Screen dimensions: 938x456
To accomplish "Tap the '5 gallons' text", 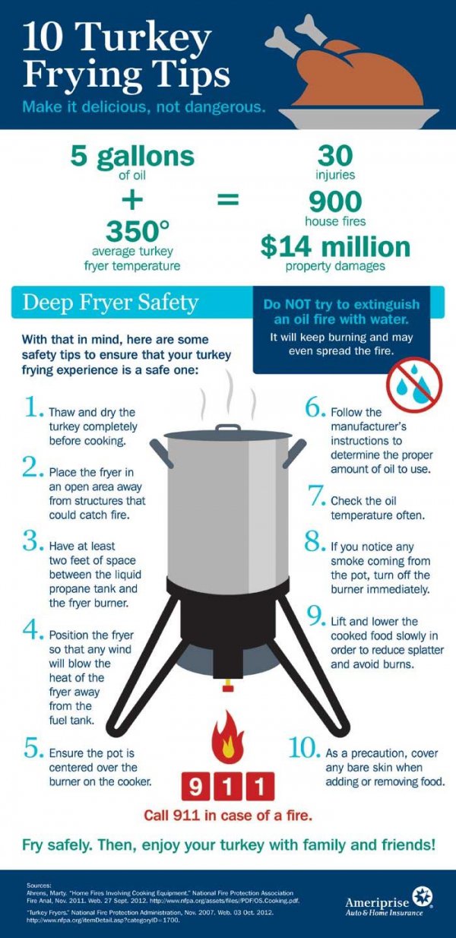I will (x=132, y=157).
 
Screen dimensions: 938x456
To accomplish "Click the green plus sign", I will (x=132, y=200).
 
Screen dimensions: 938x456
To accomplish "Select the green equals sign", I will (x=228, y=200).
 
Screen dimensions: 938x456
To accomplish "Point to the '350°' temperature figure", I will (x=132, y=230).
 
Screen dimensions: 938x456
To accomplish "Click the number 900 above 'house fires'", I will (x=335, y=202).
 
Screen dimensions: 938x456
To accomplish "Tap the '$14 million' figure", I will (x=335, y=246).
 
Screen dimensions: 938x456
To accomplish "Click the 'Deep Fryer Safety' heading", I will (x=110, y=303).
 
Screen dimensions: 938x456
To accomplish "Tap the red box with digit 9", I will (x=195, y=785).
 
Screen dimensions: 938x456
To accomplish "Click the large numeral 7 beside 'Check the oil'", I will (x=316, y=496).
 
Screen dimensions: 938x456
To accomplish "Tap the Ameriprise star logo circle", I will (x=422, y=896).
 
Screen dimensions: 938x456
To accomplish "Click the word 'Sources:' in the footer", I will (x=40, y=886).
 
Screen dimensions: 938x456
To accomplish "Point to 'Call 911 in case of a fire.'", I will (x=228, y=815).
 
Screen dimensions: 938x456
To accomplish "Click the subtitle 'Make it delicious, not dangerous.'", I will (x=144, y=106).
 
